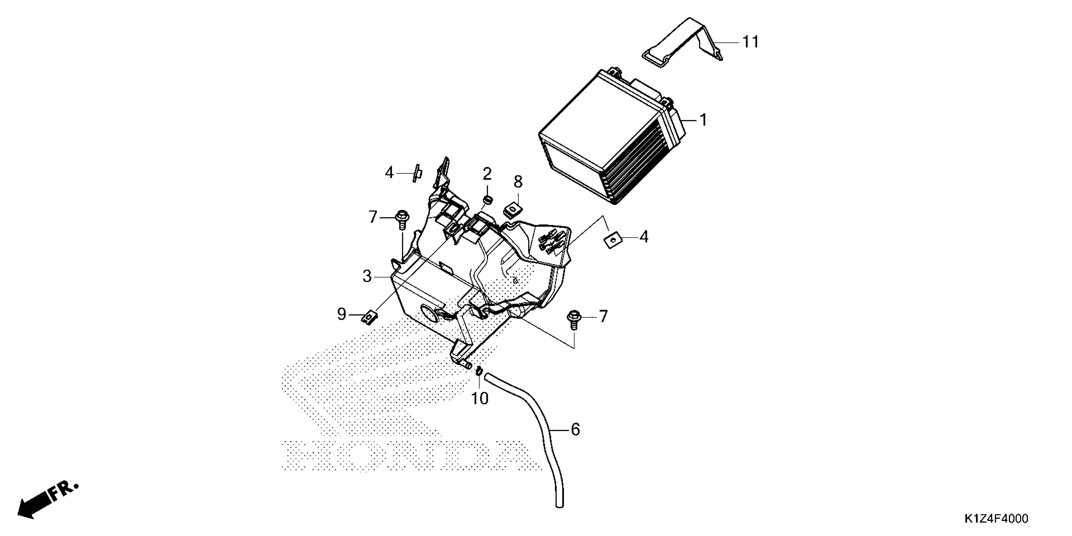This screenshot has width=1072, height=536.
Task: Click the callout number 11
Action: pyautogui.click(x=751, y=42)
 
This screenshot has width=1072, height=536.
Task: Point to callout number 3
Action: pyautogui.click(x=367, y=276)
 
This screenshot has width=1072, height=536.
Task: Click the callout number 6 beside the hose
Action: pyautogui.click(x=575, y=429)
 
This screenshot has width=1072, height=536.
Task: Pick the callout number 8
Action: pyautogui.click(x=518, y=182)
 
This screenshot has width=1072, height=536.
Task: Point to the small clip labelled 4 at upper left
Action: pyautogui.click(x=417, y=173)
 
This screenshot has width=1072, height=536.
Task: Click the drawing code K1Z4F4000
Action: pyautogui.click(x=995, y=519)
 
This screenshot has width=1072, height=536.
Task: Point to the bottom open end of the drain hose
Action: pyautogui.click(x=559, y=505)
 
